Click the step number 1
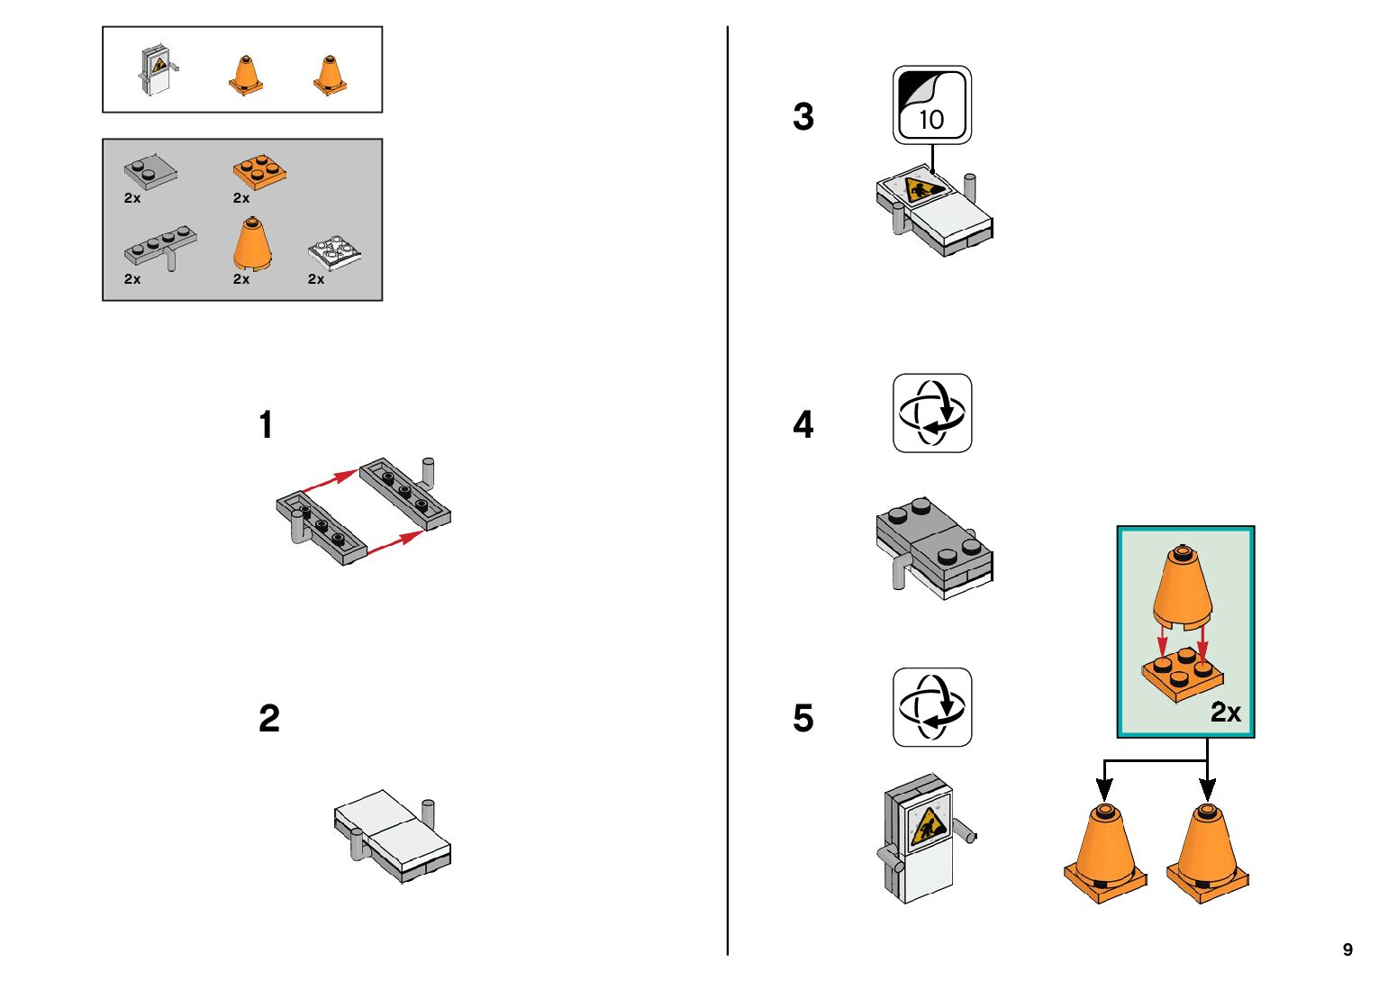(x=266, y=425)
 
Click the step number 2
(x=269, y=718)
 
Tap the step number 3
(x=803, y=116)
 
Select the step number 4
(x=803, y=425)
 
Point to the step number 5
(x=803, y=718)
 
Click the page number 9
(x=1347, y=949)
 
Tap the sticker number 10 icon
(x=932, y=105)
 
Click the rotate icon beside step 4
(x=932, y=413)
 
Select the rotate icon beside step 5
(x=932, y=707)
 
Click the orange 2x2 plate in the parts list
(x=259, y=172)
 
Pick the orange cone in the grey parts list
(x=252, y=243)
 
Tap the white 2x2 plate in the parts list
(x=334, y=252)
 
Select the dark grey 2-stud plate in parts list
(x=150, y=170)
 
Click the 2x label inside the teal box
(x=1226, y=713)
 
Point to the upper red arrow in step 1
(x=330, y=481)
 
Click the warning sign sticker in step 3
(x=923, y=189)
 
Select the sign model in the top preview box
(x=159, y=69)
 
